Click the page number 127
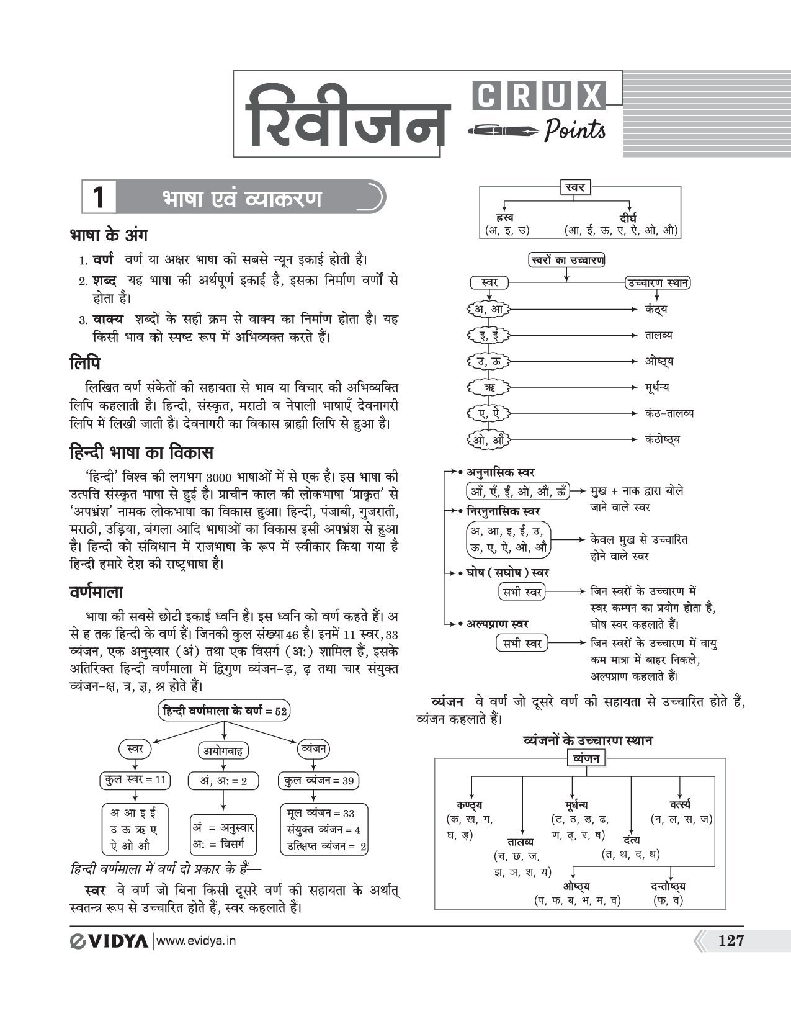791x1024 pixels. point(730,941)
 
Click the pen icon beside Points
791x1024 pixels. point(504,131)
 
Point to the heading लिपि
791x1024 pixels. point(85,363)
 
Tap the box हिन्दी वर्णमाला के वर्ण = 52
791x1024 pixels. point(224,711)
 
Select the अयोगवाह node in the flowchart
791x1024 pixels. point(223,751)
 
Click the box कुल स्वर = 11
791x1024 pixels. point(135,780)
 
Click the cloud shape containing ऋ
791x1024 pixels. point(489,387)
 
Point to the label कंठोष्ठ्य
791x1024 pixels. point(662,439)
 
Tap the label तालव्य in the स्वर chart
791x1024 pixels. point(658,335)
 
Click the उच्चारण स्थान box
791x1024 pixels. point(657,283)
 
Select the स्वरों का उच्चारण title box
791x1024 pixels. point(566,260)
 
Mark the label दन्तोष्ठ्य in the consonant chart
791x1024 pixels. point(668,887)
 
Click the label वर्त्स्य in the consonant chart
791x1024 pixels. point(680,805)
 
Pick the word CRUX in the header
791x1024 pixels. point(539,97)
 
